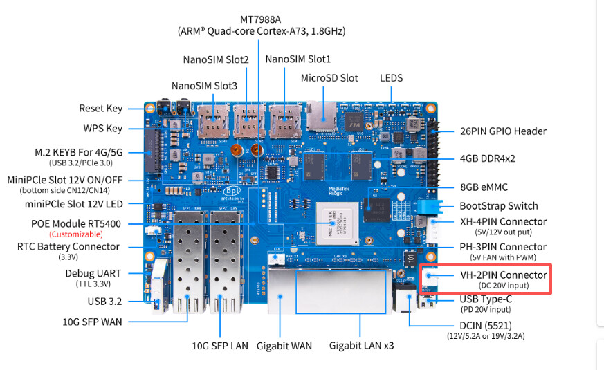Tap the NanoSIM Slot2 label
click(x=216, y=59)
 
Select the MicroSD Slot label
click(x=329, y=78)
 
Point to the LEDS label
click(x=391, y=78)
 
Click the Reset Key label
click(x=101, y=108)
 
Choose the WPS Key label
click(x=103, y=129)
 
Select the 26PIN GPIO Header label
click(x=503, y=131)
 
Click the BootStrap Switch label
click(x=498, y=205)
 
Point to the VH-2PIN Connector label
click(x=503, y=275)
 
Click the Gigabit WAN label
click(x=285, y=345)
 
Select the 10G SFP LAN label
click(x=220, y=345)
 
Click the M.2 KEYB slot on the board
click(x=151, y=154)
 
